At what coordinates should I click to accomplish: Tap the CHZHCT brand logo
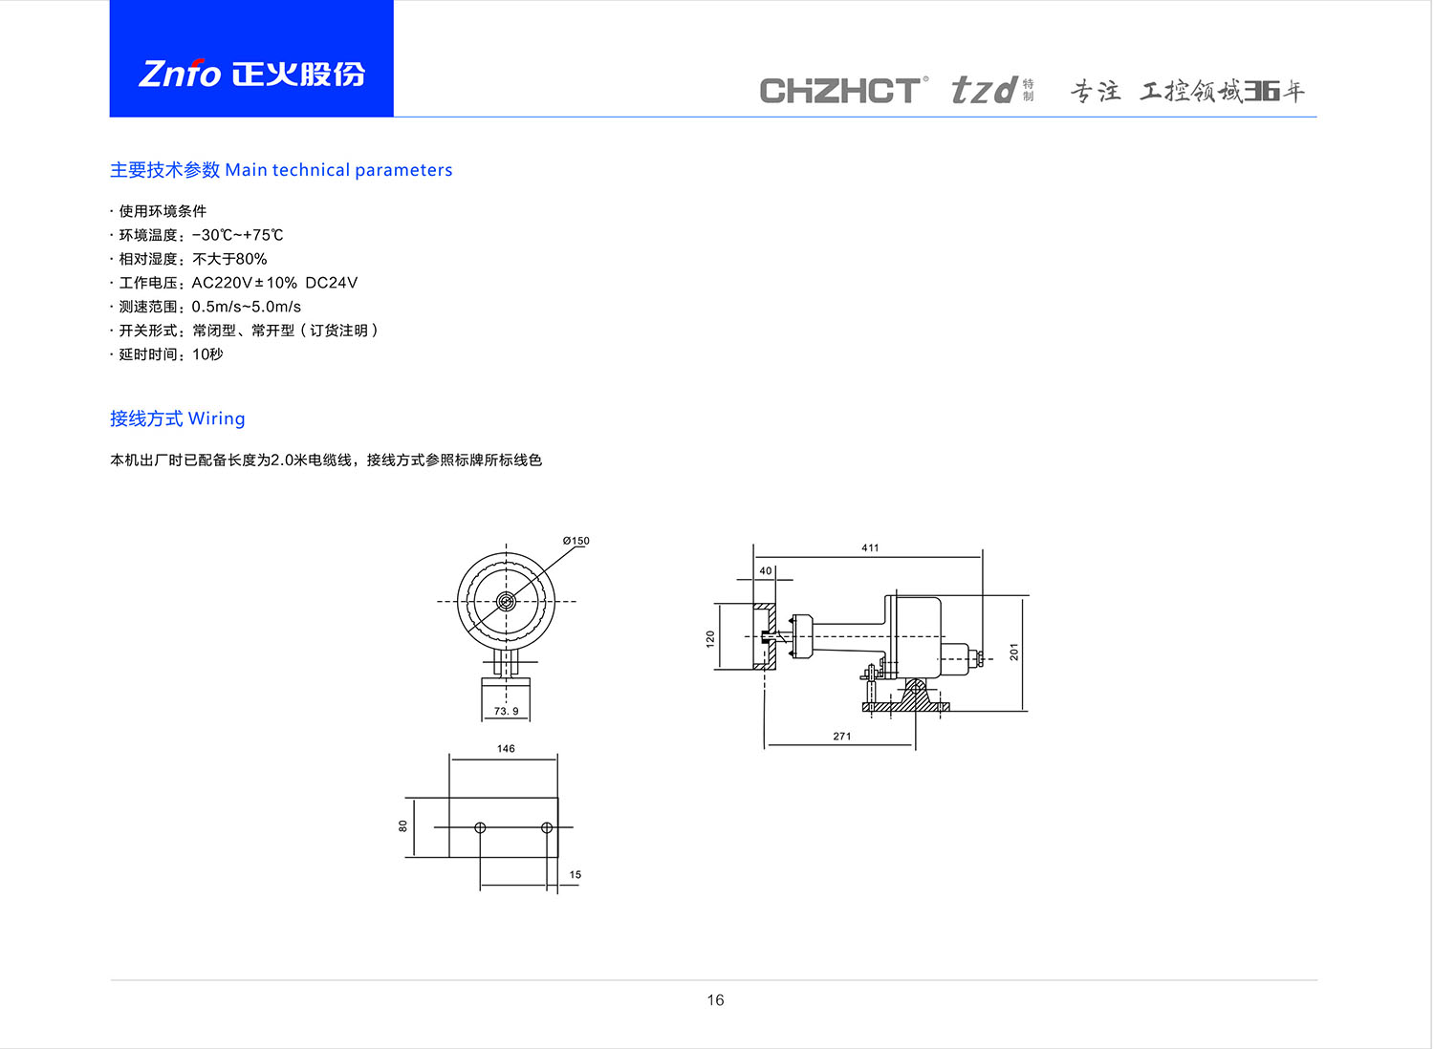[843, 90]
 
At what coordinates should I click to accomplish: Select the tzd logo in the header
[991, 90]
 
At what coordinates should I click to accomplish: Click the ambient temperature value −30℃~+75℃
[237, 235]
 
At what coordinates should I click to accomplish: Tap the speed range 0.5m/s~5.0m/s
[246, 307]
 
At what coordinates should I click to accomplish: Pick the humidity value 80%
[250, 259]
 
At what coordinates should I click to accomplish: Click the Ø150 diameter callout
[576, 541]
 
